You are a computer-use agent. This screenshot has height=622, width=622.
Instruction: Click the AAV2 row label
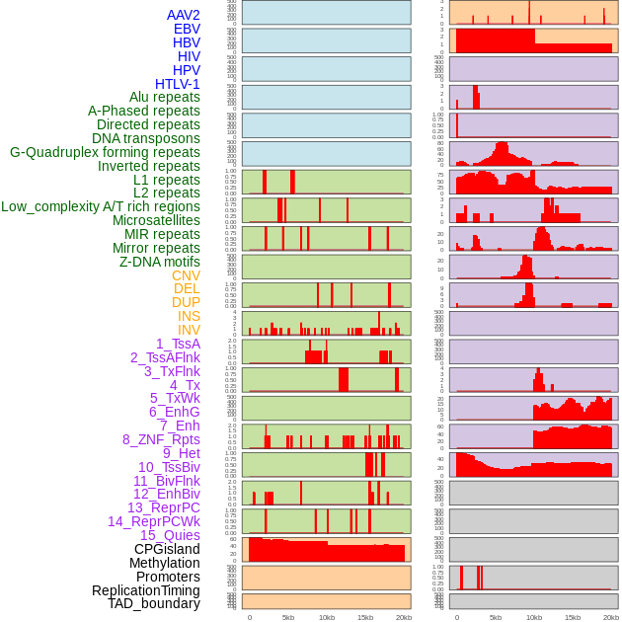click(184, 15)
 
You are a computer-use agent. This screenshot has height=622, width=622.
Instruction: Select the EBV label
click(187, 29)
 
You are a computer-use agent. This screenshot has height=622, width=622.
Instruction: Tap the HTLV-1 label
click(177, 84)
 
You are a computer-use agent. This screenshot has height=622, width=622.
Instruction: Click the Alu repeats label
click(164, 97)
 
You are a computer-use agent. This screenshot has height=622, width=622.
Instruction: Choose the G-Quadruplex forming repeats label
click(105, 152)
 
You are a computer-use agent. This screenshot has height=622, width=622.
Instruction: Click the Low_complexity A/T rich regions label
click(101, 206)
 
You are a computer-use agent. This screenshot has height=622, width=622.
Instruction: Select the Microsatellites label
click(156, 220)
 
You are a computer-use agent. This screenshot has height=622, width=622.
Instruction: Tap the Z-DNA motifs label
click(159, 262)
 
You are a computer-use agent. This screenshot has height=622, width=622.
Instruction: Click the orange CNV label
click(186, 275)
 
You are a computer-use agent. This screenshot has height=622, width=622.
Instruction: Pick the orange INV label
click(189, 330)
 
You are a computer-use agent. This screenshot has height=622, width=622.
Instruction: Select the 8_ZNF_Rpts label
click(161, 439)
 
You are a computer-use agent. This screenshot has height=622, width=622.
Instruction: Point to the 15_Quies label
click(170, 535)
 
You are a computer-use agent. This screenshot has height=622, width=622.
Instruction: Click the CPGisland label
click(167, 549)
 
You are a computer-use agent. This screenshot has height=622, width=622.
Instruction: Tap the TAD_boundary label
click(154, 603)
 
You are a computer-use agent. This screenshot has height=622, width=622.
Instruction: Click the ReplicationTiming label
click(145, 590)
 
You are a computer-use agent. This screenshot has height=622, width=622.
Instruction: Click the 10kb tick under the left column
click(326, 617)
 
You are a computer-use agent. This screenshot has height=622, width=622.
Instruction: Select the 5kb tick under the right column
click(496, 617)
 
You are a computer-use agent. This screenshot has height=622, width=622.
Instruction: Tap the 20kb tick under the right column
click(611, 617)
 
